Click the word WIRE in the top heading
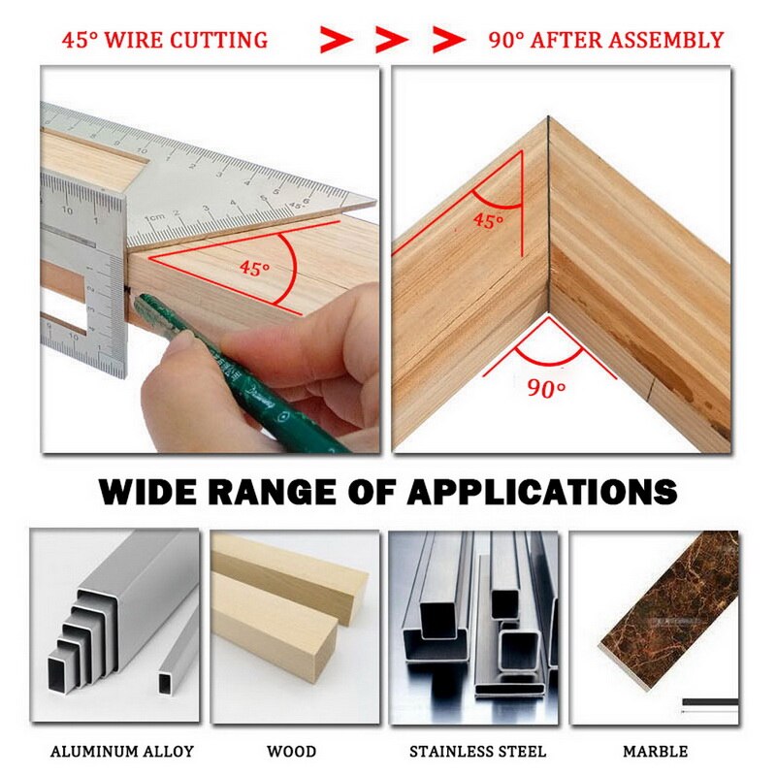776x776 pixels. pos(136,40)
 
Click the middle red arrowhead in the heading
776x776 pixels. pos(392,40)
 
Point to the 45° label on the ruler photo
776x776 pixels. pos(254,269)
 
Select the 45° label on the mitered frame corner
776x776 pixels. pos(488,220)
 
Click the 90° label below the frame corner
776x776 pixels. pos(547,389)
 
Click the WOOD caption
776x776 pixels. pos(291,751)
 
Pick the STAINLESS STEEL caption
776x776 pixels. pos(477,751)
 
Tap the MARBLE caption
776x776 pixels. pos(656,751)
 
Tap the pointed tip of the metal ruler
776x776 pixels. pos(372,201)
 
